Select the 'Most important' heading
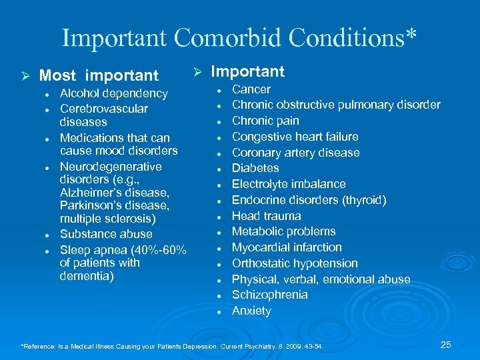[x=99, y=76]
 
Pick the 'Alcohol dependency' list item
[x=113, y=93]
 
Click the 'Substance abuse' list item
[x=106, y=234]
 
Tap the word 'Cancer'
[x=251, y=89]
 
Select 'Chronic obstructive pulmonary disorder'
[x=336, y=105]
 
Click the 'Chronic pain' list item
[x=265, y=121]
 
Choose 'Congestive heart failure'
[x=295, y=137]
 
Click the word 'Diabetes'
[x=255, y=168]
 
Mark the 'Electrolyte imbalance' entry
[x=289, y=184]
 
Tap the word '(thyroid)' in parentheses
[x=363, y=200]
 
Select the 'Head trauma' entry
[x=266, y=216]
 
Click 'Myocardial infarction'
[x=287, y=247]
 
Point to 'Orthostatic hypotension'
[x=295, y=263]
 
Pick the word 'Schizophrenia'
[x=269, y=295]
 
